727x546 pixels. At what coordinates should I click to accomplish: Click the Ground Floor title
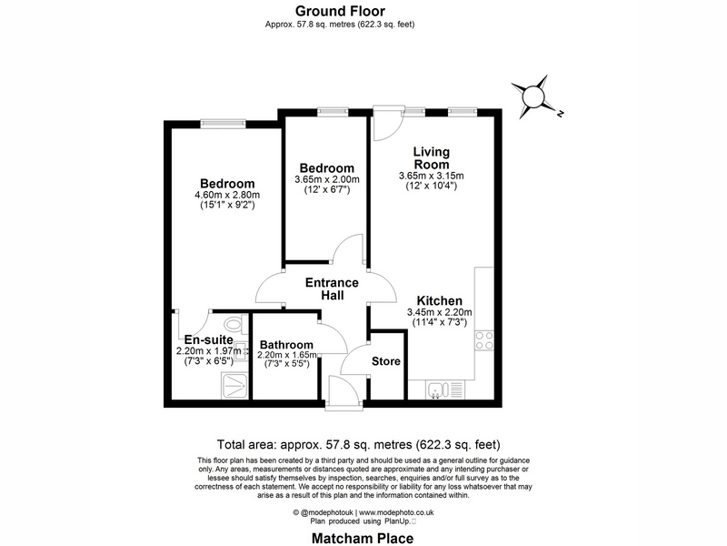[340, 11]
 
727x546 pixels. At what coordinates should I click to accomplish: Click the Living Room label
[431, 157]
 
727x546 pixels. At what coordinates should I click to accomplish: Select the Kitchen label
[439, 300]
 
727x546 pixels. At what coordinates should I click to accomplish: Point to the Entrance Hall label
[332, 288]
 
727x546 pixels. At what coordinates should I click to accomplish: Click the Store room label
[385, 361]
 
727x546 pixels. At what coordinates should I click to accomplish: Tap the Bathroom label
[286, 345]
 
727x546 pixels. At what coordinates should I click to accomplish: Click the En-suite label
[209, 339]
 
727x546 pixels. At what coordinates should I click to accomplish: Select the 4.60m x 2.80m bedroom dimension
[227, 195]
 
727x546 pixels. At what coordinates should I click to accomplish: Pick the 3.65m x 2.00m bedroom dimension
[327, 179]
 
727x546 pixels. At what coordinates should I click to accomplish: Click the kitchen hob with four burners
[484, 340]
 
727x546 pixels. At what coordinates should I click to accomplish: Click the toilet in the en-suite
[235, 323]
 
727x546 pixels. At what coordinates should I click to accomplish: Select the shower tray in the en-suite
[235, 384]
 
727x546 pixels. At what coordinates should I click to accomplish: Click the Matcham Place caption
[363, 539]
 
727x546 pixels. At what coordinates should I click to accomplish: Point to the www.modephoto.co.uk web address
[396, 512]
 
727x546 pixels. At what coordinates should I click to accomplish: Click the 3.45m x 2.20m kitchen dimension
[439, 312]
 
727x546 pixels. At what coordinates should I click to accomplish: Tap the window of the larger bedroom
[223, 124]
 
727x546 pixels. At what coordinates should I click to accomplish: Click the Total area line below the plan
[358, 444]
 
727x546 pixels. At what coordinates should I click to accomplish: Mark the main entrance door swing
[344, 391]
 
